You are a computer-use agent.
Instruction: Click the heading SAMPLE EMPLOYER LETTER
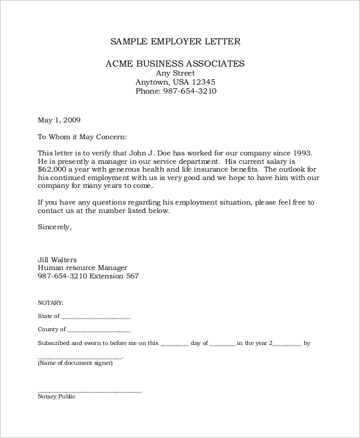(175, 41)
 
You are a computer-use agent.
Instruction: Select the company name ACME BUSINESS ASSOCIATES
(175, 63)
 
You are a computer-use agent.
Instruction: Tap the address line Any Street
(175, 73)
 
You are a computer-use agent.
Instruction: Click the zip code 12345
(203, 82)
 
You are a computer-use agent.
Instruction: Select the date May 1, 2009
(59, 119)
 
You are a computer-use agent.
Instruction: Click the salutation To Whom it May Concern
(82, 136)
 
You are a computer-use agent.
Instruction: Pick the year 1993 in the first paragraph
(300, 153)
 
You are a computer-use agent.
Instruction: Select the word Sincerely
(55, 227)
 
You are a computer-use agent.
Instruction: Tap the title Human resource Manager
(82, 268)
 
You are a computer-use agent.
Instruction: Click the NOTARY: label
(50, 303)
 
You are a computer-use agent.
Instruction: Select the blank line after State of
(96, 317)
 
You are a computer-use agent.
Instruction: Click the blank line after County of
(99, 331)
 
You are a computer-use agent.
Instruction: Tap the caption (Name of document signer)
(75, 363)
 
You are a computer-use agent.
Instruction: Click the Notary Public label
(56, 397)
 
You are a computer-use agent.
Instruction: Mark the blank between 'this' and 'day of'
(175, 345)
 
